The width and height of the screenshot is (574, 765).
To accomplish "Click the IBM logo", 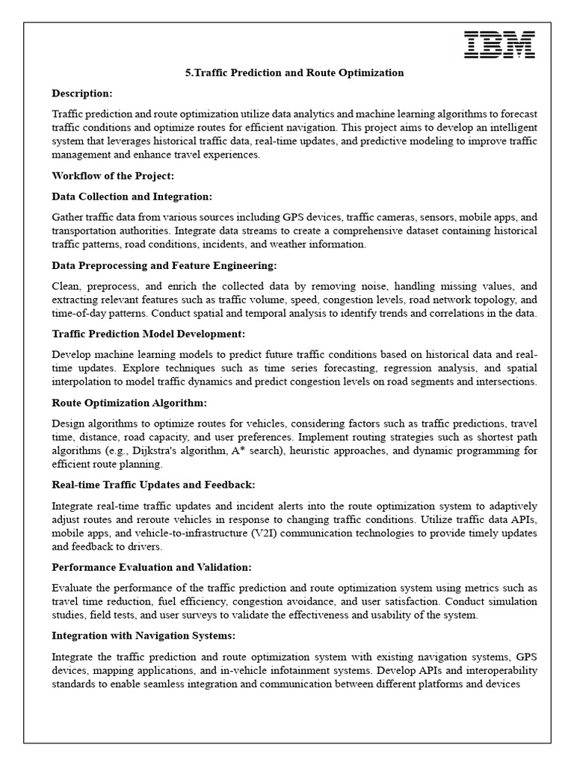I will [499, 45].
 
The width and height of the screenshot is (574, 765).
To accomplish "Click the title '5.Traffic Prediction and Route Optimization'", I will [294, 73].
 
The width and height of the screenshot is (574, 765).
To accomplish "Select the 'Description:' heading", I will [82, 93].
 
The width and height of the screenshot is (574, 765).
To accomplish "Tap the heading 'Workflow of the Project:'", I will [112, 176].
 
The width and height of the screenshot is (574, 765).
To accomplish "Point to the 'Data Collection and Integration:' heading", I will [132, 196].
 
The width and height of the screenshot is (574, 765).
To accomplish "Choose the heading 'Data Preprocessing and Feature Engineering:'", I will [164, 265].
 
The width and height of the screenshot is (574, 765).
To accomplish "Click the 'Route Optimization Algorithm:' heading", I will [129, 403].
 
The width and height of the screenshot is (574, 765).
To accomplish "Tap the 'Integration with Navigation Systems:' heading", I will [143, 636].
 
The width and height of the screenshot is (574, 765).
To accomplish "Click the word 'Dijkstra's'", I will [167, 451].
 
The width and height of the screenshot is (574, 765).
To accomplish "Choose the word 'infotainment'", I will [302, 670].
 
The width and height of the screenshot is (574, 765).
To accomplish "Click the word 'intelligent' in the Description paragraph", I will [511, 128].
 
